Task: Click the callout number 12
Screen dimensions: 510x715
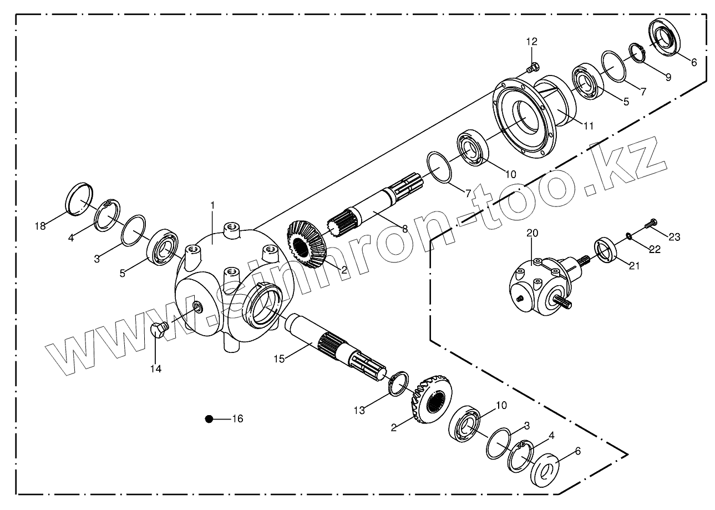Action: (x=532, y=42)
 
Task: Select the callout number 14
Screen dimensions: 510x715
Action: (x=156, y=368)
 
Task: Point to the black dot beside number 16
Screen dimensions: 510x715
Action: (x=209, y=419)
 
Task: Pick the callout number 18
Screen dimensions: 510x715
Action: (x=39, y=226)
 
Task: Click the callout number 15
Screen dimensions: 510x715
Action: (x=278, y=359)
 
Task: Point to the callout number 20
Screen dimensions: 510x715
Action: (x=532, y=234)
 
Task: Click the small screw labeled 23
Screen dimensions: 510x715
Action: (x=650, y=225)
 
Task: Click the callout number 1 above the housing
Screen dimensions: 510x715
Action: (x=212, y=205)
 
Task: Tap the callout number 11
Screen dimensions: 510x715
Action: (x=588, y=126)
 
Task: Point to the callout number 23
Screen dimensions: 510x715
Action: (x=674, y=237)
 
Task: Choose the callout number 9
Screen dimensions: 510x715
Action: (x=668, y=77)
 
